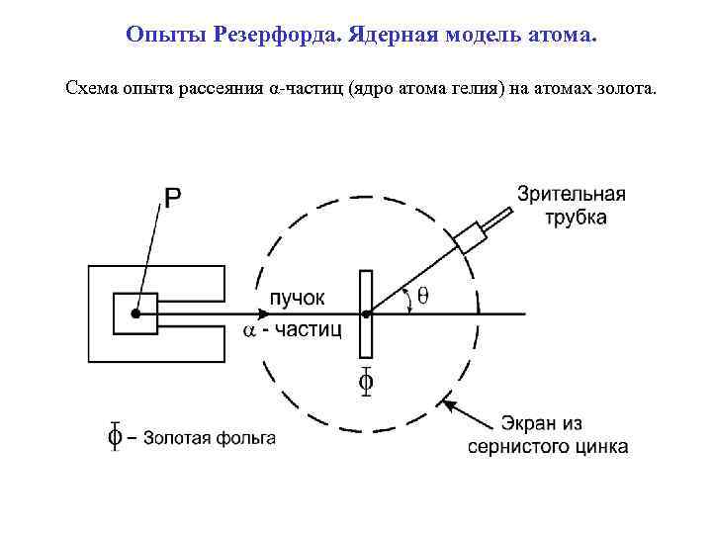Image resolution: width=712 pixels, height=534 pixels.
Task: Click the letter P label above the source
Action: [172, 198]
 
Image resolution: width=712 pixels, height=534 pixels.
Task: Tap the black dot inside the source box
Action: [135, 313]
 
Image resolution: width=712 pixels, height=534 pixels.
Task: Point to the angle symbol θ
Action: [423, 294]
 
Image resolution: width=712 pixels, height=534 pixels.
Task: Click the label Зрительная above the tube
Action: [572, 195]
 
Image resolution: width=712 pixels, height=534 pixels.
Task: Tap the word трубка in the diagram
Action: [577, 217]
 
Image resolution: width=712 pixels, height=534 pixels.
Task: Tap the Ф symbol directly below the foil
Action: [366, 381]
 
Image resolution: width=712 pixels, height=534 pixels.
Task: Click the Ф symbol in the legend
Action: [115, 436]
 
